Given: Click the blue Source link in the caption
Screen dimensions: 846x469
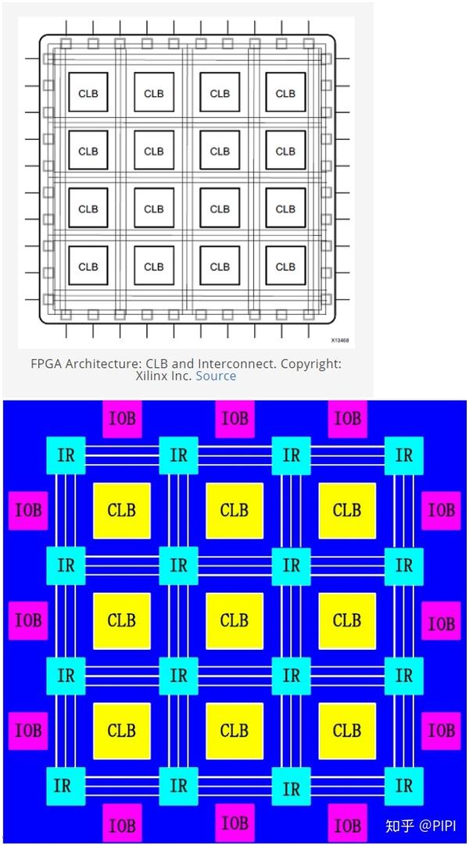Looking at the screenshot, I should [x=216, y=376].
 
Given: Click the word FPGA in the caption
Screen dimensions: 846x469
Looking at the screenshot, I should [x=46, y=363].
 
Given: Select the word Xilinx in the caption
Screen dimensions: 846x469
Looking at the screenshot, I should [x=153, y=376].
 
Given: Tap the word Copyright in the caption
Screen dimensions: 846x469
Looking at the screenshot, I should [x=310, y=363].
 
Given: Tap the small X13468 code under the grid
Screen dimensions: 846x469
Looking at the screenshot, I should [x=339, y=341].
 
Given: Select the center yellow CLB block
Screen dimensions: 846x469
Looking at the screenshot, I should [x=234, y=621].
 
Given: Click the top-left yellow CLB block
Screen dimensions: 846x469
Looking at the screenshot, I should [x=121, y=511].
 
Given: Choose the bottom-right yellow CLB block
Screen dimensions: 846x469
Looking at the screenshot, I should [x=346, y=731].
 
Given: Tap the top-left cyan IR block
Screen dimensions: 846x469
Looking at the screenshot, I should [x=66, y=455].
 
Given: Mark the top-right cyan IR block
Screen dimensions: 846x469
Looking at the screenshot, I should [x=403, y=455].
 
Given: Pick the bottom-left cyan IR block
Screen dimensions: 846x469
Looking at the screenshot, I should [x=66, y=785].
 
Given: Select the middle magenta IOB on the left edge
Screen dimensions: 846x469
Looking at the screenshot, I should [x=28, y=620].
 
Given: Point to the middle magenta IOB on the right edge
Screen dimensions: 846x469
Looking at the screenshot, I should [x=441, y=623].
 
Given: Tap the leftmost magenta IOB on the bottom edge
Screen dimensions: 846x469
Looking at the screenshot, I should [x=122, y=825].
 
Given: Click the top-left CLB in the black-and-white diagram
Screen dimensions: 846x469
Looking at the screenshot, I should [x=88, y=94].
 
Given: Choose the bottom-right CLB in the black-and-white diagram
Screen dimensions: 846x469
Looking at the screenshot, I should [x=285, y=266].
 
